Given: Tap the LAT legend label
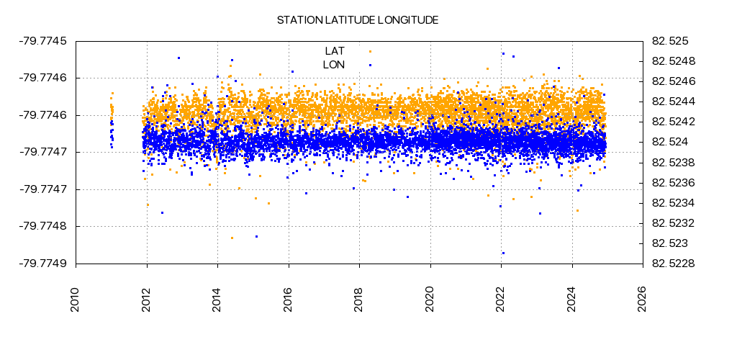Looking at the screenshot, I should tap(335, 51).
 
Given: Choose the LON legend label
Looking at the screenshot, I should tap(334, 65).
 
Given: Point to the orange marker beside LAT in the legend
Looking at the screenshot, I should tap(370, 51).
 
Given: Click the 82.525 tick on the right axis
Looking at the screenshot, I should tap(670, 40).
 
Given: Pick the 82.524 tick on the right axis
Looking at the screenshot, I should tap(670, 142).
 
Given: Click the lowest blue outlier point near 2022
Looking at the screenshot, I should tap(503, 253).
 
